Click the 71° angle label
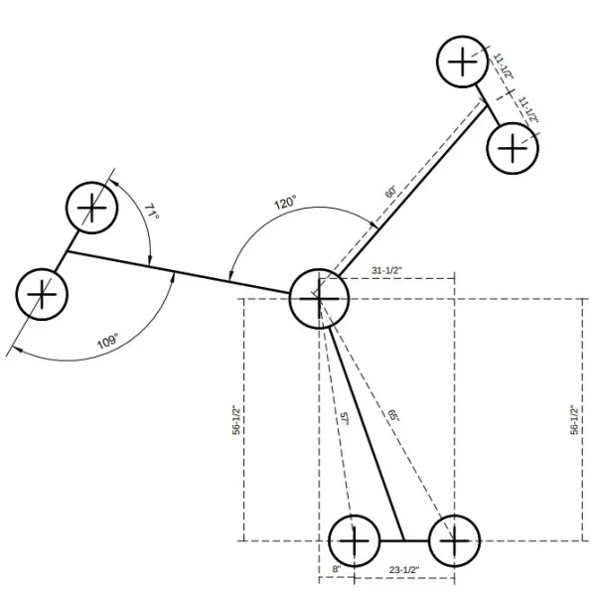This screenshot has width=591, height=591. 152,212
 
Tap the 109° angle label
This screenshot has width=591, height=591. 108,341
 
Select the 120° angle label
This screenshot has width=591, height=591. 285,203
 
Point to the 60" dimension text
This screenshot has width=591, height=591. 391,192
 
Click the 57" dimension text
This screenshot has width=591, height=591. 344,419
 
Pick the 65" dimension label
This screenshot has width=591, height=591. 393,415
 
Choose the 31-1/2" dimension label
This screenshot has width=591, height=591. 387,270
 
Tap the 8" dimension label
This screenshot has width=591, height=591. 337,569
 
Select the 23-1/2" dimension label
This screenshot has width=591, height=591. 404,569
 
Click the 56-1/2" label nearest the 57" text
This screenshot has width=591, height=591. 236,420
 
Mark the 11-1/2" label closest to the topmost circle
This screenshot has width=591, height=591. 504,66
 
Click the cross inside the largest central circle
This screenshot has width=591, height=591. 319,299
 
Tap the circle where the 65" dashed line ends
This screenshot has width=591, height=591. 454,540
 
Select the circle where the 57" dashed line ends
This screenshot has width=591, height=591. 354,540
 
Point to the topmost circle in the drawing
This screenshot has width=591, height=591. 463,62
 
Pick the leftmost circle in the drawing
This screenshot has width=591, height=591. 42,294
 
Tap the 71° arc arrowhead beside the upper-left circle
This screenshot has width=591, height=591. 114,183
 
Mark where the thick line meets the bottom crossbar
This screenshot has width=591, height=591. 404,540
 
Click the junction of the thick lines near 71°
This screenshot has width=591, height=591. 68,251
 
